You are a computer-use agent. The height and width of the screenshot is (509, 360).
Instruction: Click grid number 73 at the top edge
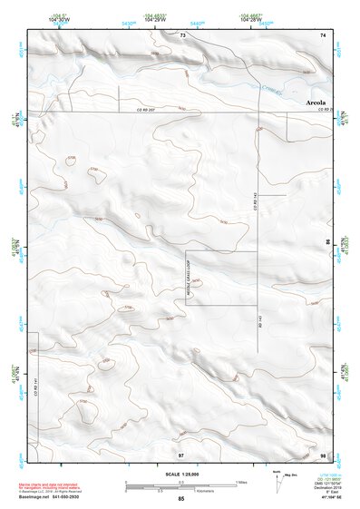(x=182, y=34)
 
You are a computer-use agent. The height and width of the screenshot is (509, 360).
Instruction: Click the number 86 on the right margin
(x=327, y=243)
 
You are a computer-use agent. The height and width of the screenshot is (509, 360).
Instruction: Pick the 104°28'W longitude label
(x=252, y=19)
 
